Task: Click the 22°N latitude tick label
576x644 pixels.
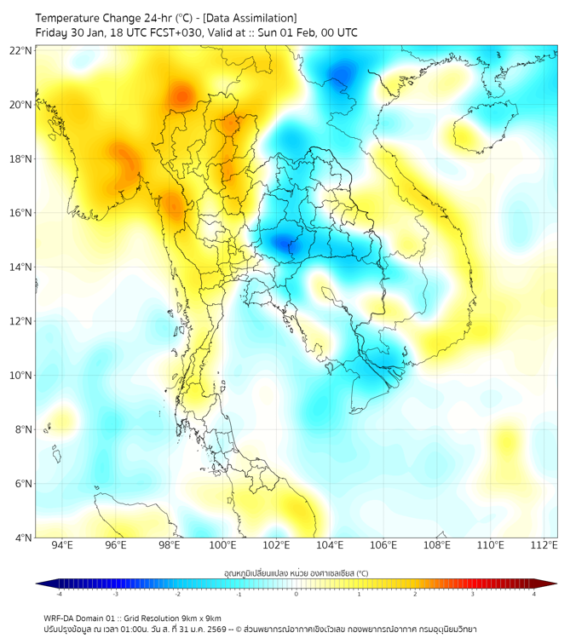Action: [x=21, y=51]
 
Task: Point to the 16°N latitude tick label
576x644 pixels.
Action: [x=21, y=213]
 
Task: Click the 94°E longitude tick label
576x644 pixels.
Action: [x=62, y=545]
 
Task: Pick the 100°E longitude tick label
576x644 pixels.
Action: [x=223, y=545]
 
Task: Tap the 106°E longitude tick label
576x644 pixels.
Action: [x=383, y=545]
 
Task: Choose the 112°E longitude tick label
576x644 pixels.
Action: [x=544, y=545]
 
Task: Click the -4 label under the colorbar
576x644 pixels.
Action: [x=59, y=594]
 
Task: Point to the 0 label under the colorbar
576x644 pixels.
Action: [x=297, y=594]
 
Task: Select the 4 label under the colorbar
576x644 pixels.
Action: [x=534, y=594]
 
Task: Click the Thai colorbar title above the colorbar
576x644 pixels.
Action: [x=296, y=572]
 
